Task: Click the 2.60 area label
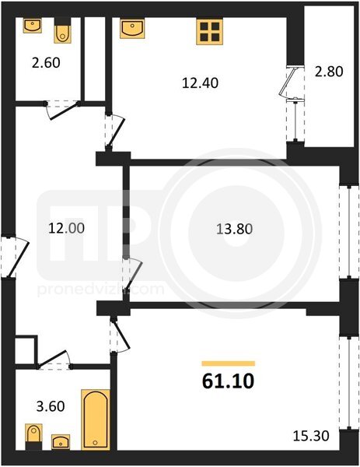[x=46, y=63]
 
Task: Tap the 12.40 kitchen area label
[x=200, y=83]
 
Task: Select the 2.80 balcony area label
[x=329, y=72]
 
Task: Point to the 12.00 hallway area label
[x=66, y=228]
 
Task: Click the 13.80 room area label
[x=235, y=229]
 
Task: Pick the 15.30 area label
[x=311, y=436]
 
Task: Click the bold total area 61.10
[x=228, y=381]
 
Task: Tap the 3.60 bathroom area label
[x=51, y=406]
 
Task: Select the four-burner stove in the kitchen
[x=210, y=32]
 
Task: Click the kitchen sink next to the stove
[x=132, y=29]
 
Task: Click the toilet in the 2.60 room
[x=63, y=31]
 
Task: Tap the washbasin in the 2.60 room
[x=33, y=26]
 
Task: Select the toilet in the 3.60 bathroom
[x=33, y=437]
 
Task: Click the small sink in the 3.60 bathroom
[x=61, y=441]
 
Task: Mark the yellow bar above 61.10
[x=228, y=363]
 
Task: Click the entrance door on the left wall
[x=14, y=258]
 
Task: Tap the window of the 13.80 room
[x=345, y=232]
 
